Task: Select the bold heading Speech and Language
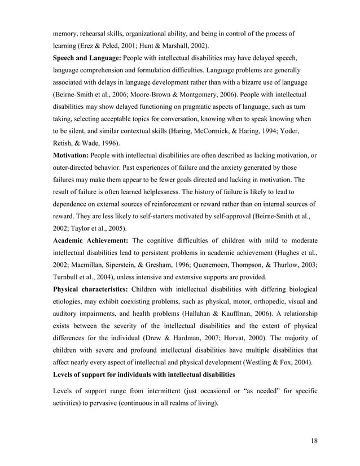tap(85, 58)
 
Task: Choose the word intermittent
tap(149, 392)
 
